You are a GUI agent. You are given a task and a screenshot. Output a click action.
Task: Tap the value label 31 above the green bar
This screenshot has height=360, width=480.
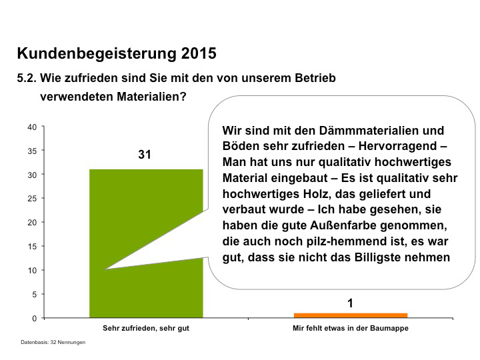pyautogui.click(x=145, y=155)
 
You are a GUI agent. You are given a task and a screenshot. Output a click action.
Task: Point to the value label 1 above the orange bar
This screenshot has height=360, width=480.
pyautogui.click(x=350, y=303)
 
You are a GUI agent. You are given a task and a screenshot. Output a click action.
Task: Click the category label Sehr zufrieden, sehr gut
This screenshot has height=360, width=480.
pyautogui.click(x=145, y=329)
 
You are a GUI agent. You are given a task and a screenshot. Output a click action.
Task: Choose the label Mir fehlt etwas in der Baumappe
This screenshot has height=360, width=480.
pyautogui.click(x=350, y=329)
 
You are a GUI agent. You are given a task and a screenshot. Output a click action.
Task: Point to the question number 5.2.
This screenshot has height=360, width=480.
pyautogui.click(x=26, y=78)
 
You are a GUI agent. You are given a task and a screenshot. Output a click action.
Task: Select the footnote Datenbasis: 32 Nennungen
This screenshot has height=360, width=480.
pyautogui.click(x=53, y=342)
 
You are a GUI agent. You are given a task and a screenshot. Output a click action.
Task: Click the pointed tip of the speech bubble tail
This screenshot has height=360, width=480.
pyautogui.click(x=106, y=269)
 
